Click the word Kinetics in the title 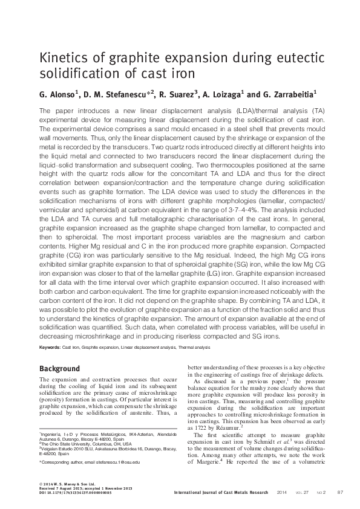[x=62, y=59]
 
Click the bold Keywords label [x=53, y=348]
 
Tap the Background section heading [x=59, y=369]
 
